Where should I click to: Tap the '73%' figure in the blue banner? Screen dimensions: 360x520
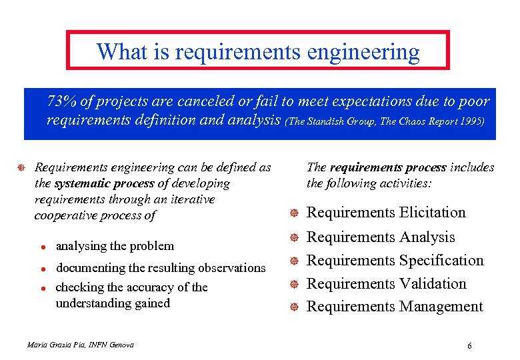(61, 102)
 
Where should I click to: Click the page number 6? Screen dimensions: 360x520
(470, 346)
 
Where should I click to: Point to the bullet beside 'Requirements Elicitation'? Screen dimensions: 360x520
(293, 213)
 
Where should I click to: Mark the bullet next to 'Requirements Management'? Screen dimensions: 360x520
(293, 307)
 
